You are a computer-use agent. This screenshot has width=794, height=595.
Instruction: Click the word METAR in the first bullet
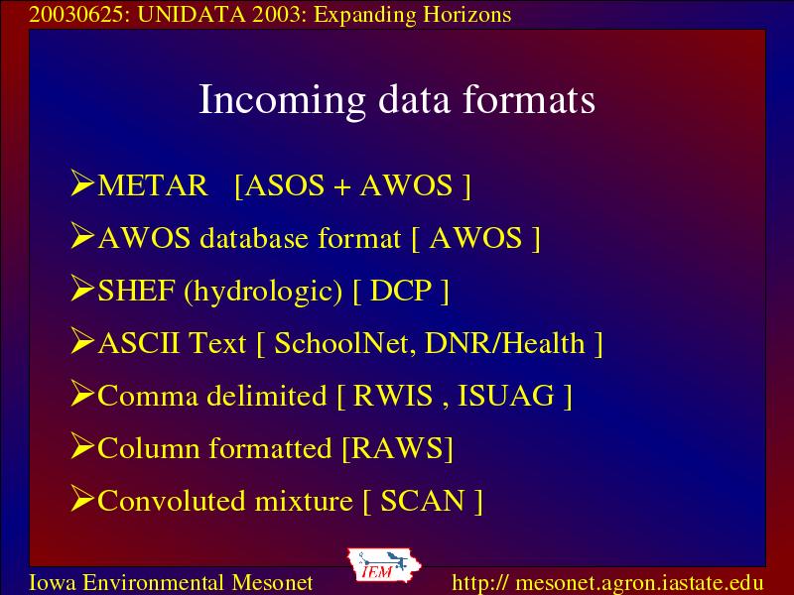point(153,185)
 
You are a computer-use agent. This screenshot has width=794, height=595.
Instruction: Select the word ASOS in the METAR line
point(285,185)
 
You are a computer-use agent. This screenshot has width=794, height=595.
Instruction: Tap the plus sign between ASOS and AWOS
point(342,187)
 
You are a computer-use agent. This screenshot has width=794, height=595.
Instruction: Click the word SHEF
point(136,291)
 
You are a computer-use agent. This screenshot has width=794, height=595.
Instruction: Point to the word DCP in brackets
point(401,291)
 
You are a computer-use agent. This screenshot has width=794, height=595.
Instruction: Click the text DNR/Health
point(505,343)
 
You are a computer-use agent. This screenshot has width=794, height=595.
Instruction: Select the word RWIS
point(393,396)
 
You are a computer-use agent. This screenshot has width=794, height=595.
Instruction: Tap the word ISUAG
point(506,396)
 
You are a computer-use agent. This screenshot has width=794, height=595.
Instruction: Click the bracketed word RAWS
point(398,448)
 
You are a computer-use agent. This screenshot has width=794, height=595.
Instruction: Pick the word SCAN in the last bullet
point(423,501)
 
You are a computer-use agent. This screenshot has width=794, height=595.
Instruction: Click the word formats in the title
point(529,99)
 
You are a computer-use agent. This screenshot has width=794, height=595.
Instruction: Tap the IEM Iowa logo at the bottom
point(384,565)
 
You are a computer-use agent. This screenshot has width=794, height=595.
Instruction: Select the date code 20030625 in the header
point(76,15)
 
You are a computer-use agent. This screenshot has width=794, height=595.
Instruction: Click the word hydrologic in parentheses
point(263,292)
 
